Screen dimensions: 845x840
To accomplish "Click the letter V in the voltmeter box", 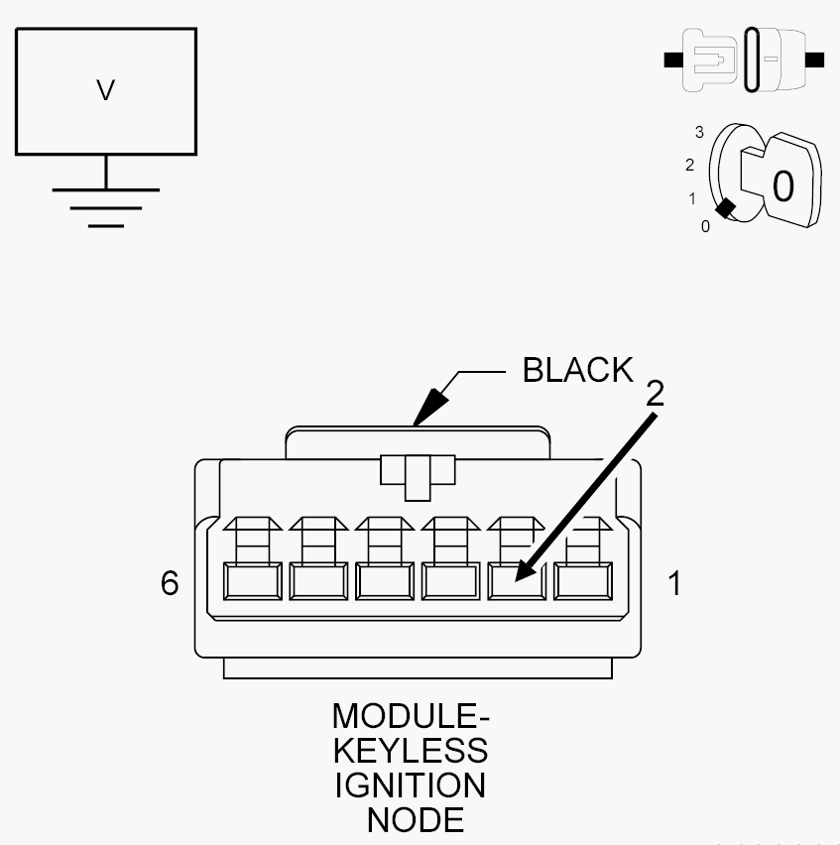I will point(106,91).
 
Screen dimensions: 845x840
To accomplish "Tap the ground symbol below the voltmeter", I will point(106,206).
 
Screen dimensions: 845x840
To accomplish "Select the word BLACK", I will point(577,370).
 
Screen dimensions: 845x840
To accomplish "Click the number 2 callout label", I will point(655,394).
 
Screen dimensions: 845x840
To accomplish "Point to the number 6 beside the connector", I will point(170,583).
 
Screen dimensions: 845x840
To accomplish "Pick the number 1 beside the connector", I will point(674,583).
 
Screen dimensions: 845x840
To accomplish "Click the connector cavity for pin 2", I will point(516,582).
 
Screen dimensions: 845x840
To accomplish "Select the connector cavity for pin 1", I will point(582,582).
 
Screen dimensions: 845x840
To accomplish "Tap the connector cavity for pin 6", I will point(252,582).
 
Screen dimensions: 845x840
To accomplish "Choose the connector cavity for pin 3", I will point(450,582).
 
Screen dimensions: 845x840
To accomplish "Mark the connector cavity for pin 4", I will point(384,582).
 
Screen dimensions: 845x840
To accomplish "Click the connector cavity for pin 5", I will point(317,582).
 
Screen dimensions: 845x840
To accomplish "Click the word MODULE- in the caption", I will point(411,716).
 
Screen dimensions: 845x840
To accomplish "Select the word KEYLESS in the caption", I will point(411,751).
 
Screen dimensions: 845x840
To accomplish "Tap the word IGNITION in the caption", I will point(411,785).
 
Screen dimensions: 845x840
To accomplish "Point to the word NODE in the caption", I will point(415,820).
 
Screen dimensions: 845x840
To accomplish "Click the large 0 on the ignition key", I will point(782,185).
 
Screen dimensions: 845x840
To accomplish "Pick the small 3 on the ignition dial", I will point(699,132).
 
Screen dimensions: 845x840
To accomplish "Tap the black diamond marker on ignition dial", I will point(726,208).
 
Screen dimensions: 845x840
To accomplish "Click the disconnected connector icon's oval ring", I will point(753,60).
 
